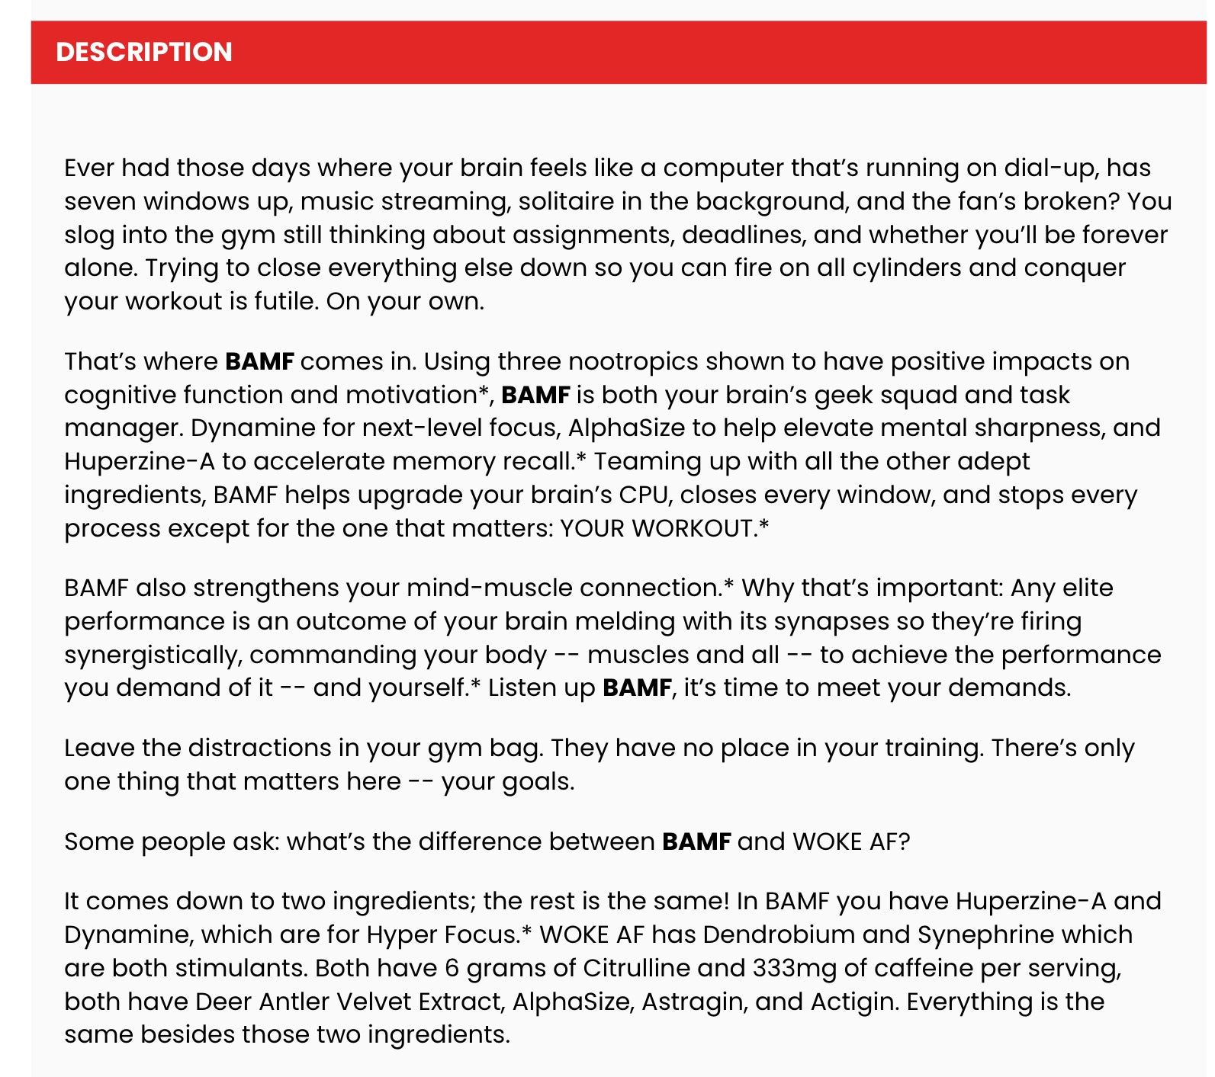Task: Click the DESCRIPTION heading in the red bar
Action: [x=144, y=52]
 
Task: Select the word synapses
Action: [x=831, y=622]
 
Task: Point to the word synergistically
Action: [x=151, y=655]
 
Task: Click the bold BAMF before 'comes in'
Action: [x=259, y=361]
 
